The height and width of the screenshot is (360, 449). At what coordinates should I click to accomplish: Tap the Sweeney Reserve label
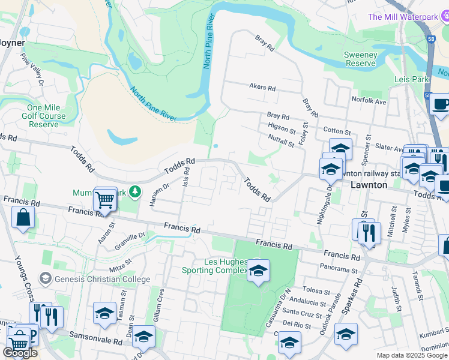coord(360,59)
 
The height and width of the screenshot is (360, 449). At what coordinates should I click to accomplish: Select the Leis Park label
coord(411,79)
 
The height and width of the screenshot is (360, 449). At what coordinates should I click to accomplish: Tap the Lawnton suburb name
coord(369,185)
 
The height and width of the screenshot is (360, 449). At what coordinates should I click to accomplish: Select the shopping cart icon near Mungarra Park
coord(105,199)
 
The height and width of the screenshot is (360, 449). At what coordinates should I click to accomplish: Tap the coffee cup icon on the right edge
coord(440,104)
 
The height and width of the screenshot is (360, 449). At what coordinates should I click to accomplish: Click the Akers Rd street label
coord(262,88)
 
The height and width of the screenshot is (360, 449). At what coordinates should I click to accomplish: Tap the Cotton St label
coord(336,130)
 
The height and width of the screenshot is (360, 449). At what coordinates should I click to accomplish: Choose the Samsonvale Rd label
coord(96,338)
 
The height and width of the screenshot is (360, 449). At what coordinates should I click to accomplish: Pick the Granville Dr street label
coord(134,240)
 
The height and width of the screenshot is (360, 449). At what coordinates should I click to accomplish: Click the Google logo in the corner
coord(20,353)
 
